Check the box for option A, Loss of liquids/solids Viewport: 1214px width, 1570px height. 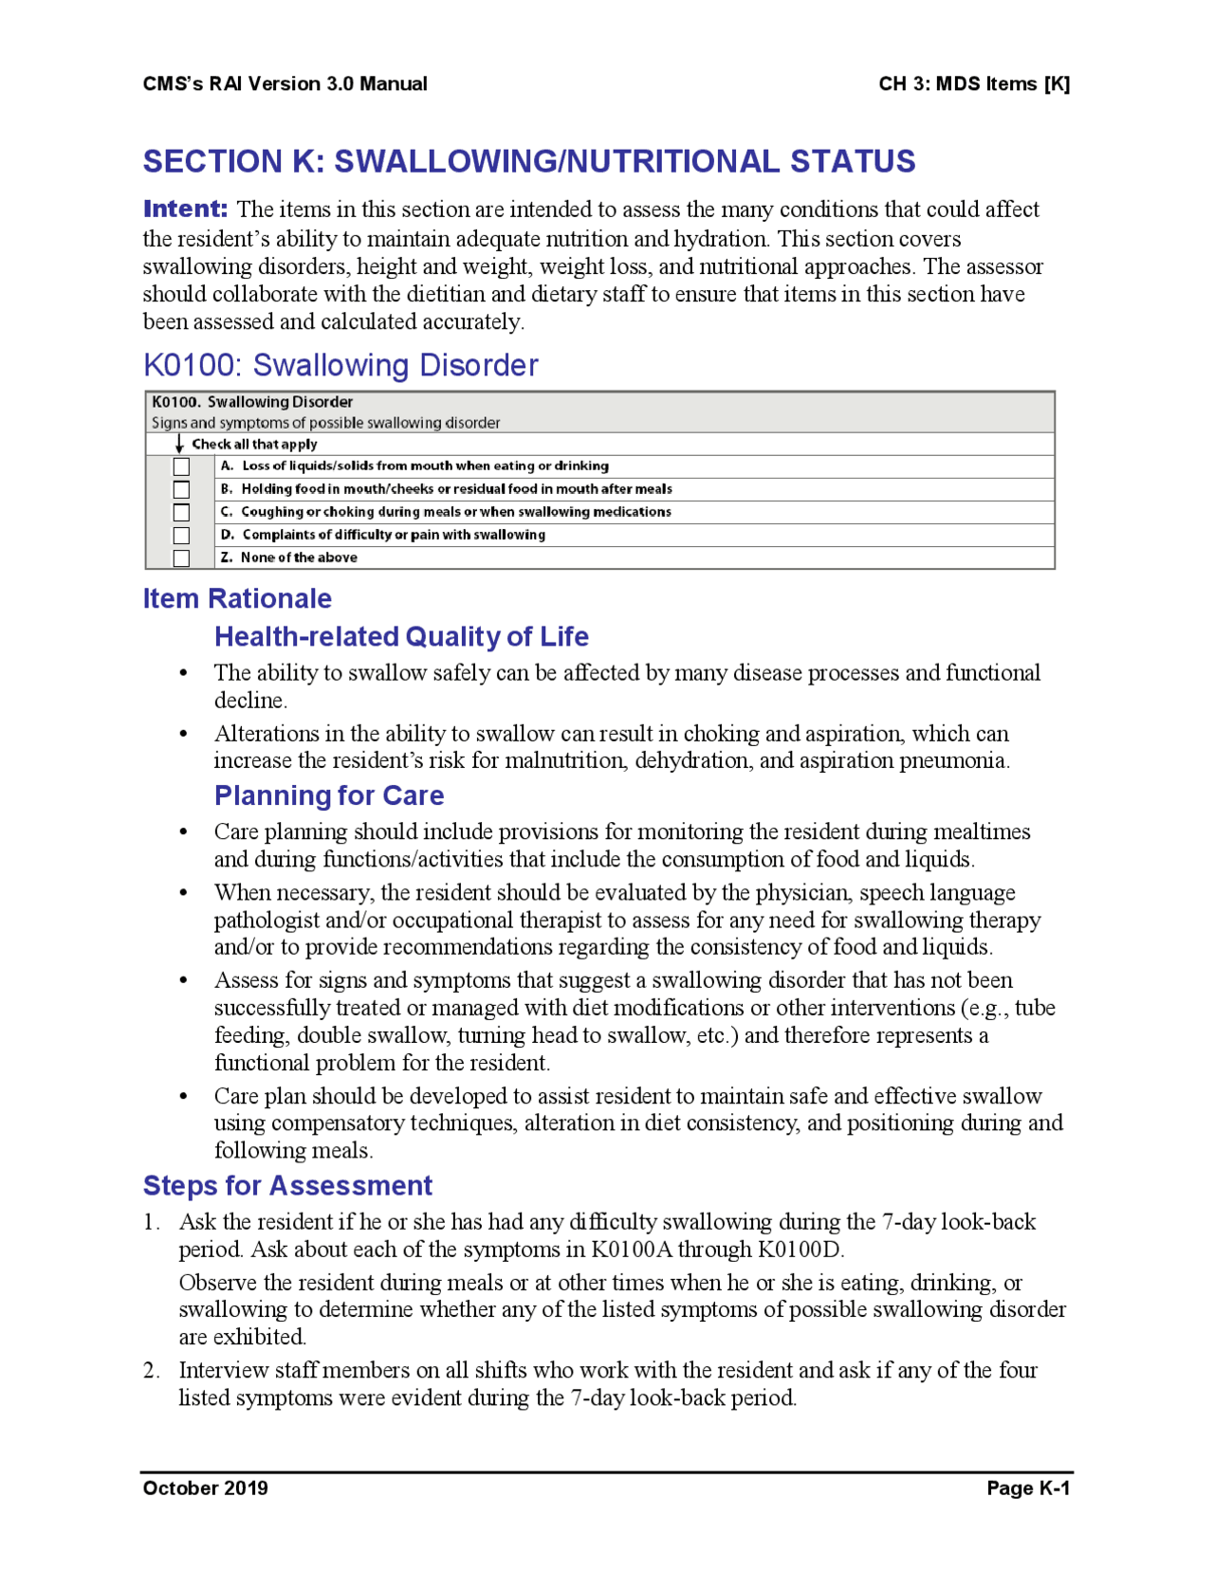pyautogui.click(x=181, y=466)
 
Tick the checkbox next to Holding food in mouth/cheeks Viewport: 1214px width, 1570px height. pyautogui.click(x=181, y=489)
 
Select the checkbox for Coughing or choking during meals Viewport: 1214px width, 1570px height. pyautogui.click(x=181, y=512)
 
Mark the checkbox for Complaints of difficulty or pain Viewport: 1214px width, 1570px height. pyautogui.click(x=181, y=536)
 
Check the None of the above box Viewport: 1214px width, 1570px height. pyautogui.click(x=181, y=558)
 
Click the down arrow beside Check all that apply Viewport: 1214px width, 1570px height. pyautogui.click(x=179, y=444)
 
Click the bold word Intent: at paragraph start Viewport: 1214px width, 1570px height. pyautogui.click(x=185, y=209)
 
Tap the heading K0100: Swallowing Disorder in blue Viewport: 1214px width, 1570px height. pyautogui.click(x=340, y=365)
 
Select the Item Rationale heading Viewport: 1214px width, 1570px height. pyautogui.click(x=237, y=598)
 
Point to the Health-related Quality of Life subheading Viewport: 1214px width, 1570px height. pyautogui.click(x=401, y=636)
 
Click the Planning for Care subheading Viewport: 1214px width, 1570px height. pyautogui.click(x=329, y=795)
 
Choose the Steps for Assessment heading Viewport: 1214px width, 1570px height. pyautogui.click(x=287, y=1185)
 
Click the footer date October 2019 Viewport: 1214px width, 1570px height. pyautogui.click(x=205, y=1488)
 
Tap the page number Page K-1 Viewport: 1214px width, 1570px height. pyautogui.click(x=1027, y=1488)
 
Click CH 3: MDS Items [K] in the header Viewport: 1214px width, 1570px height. pyautogui.click(x=974, y=83)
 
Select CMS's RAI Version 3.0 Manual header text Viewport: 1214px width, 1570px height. pyautogui.click(x=285, y=83)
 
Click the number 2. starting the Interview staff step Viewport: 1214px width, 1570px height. pyautogui.click(x=151, y=1370)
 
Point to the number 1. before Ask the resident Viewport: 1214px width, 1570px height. pyautogui.click(x=151, y=1222)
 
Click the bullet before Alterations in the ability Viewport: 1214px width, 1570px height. pyautogui.click(x=184, y=734)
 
